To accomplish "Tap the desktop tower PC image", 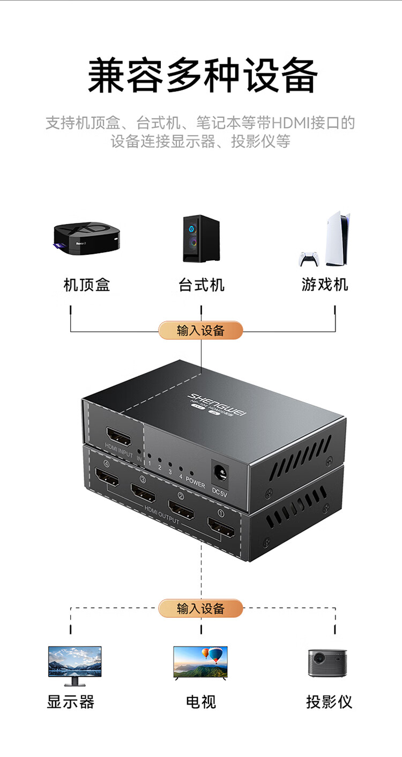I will [x=201, y=239].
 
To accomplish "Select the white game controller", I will [x=309, y=259].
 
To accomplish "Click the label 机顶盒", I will [x=87, y=285].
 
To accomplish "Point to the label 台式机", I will [x=201, y=285].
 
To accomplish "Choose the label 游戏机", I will [x=325, y=285].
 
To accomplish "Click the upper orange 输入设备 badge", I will [x=200, y=330].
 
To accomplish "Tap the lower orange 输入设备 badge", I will [x=200, y=608].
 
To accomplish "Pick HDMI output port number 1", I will [x=221, y=527].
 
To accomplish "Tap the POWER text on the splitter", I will [x=195, y=481].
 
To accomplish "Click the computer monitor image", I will [x=75, y=664].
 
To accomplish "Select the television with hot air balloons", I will [x=200, y=662].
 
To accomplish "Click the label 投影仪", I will [x=329, y=702].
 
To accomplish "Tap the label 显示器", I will [x=71, y=702].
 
